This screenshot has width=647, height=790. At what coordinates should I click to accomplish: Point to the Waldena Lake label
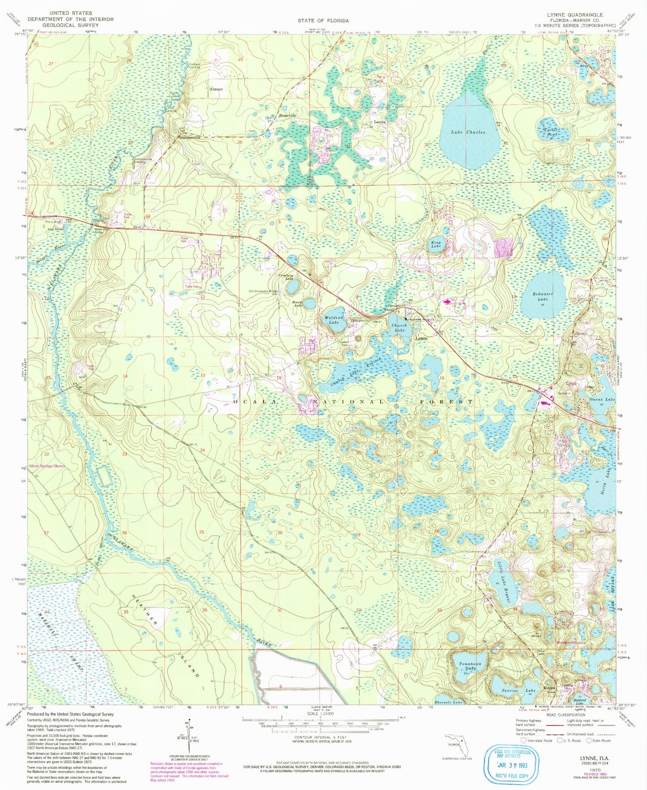click(x=334, y=320)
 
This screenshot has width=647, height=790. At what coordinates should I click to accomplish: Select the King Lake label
click(x=436, y=245)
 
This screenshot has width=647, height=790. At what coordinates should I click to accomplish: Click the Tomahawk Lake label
click(x=467, y=666)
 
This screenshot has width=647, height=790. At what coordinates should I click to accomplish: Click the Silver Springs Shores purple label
click(x=47, y=466)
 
